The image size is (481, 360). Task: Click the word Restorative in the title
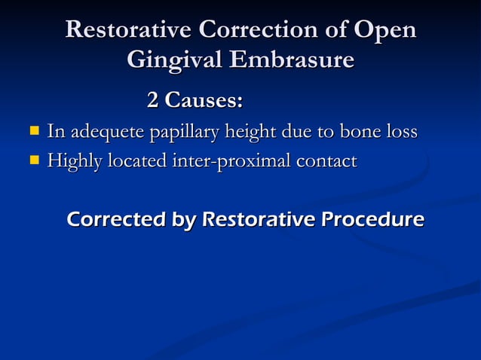click(127, 30)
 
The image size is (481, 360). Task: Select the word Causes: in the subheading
click(204, 99)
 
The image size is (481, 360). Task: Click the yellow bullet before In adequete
click(34, 131)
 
